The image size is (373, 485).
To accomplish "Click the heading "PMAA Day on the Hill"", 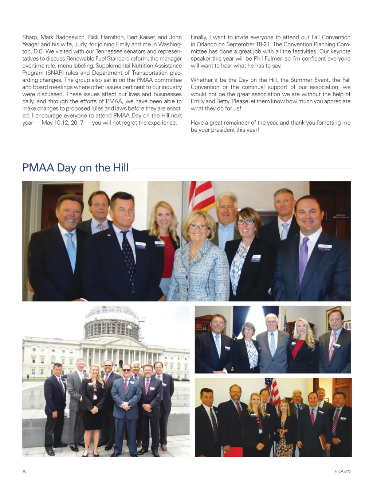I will tap(75, 168).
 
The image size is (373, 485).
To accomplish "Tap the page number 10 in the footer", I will tap(24, 471).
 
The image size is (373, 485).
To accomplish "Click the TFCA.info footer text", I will tap(342, 471).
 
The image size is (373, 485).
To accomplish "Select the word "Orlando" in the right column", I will tap(207, 44).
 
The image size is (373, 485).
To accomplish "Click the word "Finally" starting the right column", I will tap(199, 37).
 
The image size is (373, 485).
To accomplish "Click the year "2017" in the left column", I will tap(77, 123).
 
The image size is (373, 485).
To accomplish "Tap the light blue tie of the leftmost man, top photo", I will tap(71, 252).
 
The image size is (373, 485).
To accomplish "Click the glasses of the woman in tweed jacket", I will tap(198, 227).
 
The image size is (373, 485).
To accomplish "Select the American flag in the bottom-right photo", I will tap(273, 392).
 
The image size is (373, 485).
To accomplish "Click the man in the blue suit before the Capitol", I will tap(126, 405).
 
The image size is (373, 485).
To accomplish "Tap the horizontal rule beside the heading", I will tap(241, 168).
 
